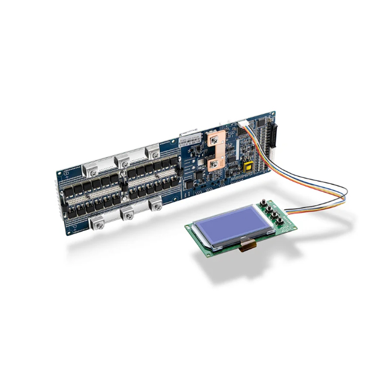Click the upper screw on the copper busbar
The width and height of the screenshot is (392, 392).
[x=213, y=141]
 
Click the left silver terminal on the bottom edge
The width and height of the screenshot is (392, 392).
[x=98, y=225]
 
